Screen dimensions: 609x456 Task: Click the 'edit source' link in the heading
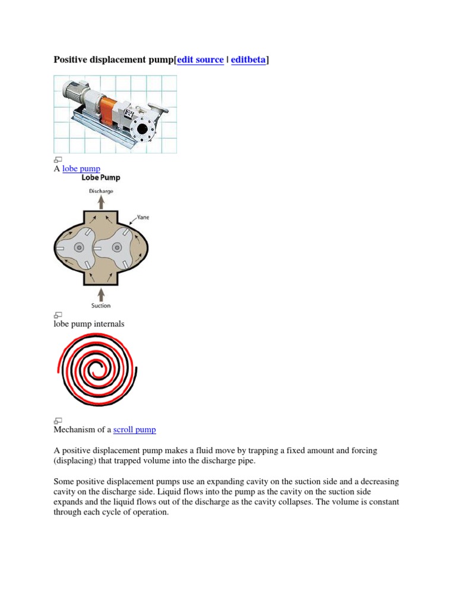coord(201,60)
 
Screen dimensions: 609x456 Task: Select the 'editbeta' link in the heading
coord(248,60)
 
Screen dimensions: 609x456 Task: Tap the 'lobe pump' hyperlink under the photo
coord(81,169)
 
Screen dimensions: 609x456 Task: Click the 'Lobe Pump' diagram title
coord(101,177)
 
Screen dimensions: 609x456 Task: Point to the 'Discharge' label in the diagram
coord(101,192)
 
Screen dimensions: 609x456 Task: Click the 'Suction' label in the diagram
coord(101,306)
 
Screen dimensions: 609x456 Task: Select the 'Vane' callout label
coord(143,218)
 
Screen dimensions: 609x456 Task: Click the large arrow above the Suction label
coord(101,294)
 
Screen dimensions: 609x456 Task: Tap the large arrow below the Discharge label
coord(101,202)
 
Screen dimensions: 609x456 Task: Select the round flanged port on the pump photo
coord(143,128)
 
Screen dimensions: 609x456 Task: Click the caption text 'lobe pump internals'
coord(89,324)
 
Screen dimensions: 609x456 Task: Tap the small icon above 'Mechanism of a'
coord(58,420)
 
